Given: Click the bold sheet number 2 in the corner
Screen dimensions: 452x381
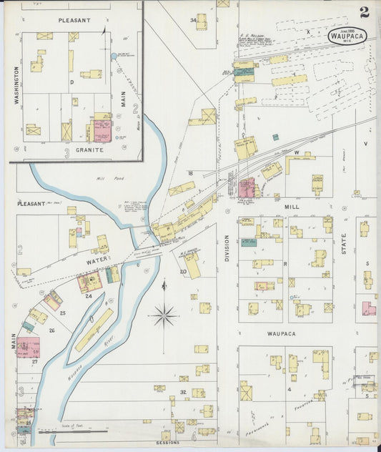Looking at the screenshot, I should [x=365, y=12].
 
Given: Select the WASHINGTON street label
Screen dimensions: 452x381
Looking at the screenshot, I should [x=16, y=87].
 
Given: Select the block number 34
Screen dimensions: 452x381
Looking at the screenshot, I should [x=192, y=20].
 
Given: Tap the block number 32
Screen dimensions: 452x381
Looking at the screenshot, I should [x=183, y=393].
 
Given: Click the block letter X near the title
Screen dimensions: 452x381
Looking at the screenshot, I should [x=308, y=31].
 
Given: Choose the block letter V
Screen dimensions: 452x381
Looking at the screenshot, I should [x=365, y=143].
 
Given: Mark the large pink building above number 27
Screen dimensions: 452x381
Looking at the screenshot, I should [x=28, y=347].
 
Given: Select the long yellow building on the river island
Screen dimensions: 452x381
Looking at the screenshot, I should [x=94, y=329].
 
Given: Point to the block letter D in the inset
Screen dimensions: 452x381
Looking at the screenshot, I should [x=72, y=82].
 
